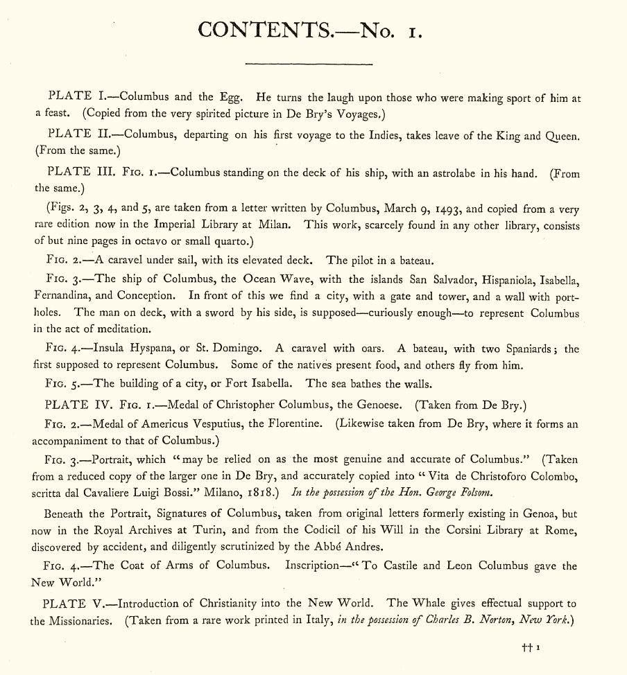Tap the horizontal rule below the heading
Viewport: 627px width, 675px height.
309,64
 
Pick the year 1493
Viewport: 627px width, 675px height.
446,209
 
